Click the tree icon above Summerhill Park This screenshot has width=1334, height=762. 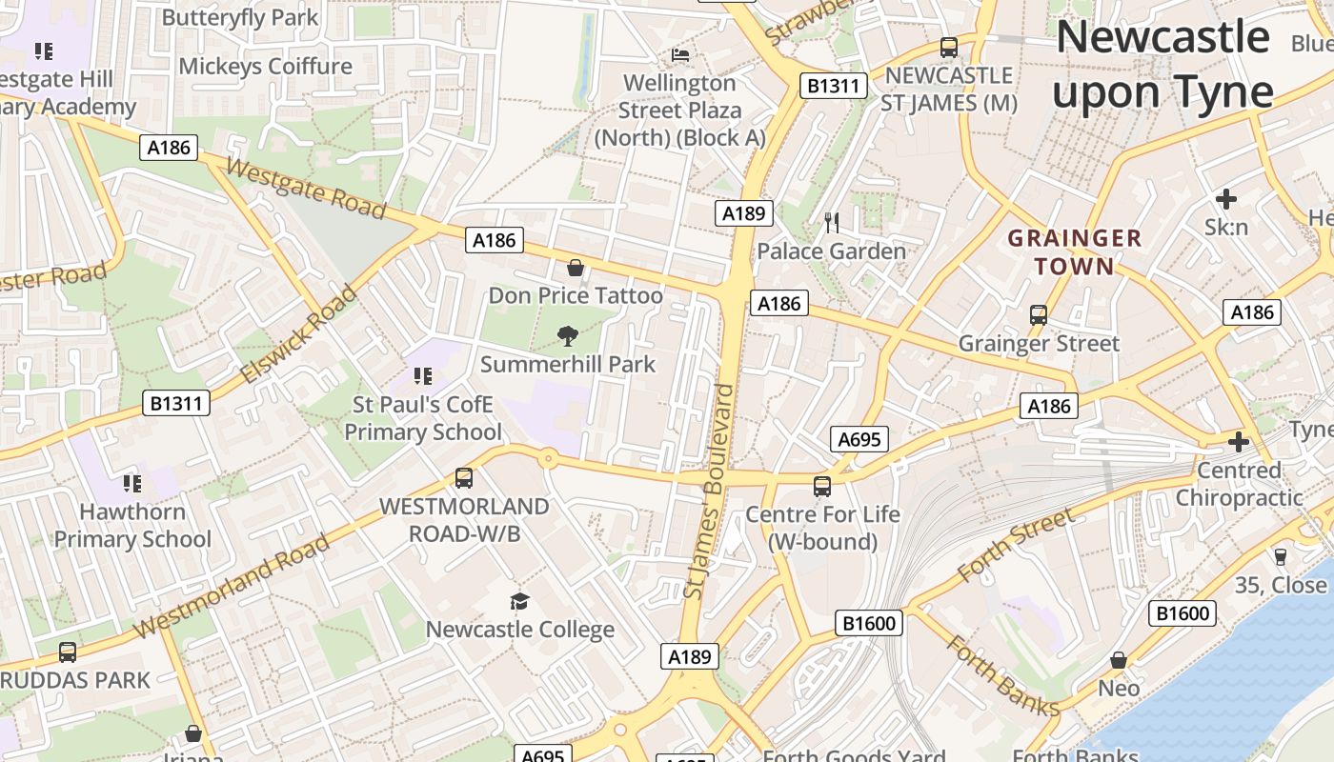pos(568,335)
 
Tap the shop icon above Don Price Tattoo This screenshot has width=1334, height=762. pos(575,268)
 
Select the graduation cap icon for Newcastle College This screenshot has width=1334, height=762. pos(519,601)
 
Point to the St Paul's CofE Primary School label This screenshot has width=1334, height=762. pos(422,419)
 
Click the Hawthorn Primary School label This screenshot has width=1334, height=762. pos(132,526)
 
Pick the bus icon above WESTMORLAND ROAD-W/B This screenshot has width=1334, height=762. pos(464,477)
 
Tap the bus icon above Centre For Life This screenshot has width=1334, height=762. pos(822,486)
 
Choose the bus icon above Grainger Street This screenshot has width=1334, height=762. pos(1039,314)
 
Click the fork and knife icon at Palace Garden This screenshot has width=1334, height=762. pos(832,223)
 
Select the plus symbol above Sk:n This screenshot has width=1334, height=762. pos(1226,199)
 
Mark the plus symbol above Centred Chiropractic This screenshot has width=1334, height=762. pos(1239,442)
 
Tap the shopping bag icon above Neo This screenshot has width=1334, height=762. pos(1119,659)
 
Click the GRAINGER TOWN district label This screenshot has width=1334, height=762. pos(1075,252)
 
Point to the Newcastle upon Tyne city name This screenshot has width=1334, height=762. pos(1162,65)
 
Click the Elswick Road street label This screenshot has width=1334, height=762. pos(298,333)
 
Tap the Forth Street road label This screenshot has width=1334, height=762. pos(1015,545)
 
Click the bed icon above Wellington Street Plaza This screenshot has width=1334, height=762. pos(680,54)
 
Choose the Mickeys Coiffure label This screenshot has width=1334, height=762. pos(266,66)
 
